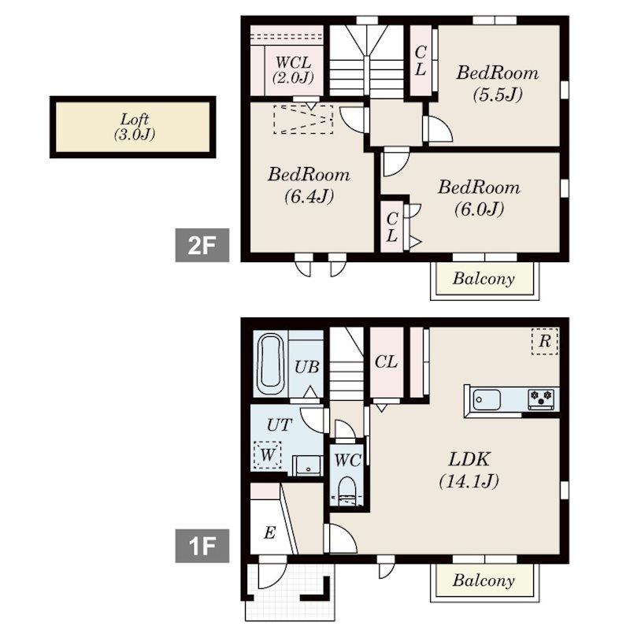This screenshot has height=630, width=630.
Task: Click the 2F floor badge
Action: pos(202,245)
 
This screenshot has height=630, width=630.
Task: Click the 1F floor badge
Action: pos(202,546)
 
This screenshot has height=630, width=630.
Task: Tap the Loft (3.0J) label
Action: pos(135,127)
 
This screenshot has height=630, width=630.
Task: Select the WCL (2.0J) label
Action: pos(293,70)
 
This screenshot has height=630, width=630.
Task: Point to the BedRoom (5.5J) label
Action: pos(498,83)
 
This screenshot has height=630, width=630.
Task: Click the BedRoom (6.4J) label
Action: pos(309,185)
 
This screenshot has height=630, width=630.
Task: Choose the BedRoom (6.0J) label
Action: pos(479,198)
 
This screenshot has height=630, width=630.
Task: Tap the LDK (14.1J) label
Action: pos(469,469)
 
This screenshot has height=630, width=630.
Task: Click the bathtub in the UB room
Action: pos(271,365)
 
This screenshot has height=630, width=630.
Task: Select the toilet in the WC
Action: pos(347,491)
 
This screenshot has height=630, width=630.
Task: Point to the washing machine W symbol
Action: pos(267,455)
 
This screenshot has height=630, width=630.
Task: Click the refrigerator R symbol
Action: pos(545,341)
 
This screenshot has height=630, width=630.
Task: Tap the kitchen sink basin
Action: pos(487,400)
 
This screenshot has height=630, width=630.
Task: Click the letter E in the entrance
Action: pos(269,533)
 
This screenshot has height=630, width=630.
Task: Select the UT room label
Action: pos(280,424)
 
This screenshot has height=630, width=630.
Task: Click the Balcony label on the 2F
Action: pos(484,279)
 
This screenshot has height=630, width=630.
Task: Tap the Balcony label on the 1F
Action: pos(484,580)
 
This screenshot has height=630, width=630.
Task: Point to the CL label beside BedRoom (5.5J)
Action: pos(421,61)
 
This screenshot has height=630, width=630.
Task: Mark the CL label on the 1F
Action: pos(386,362)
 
